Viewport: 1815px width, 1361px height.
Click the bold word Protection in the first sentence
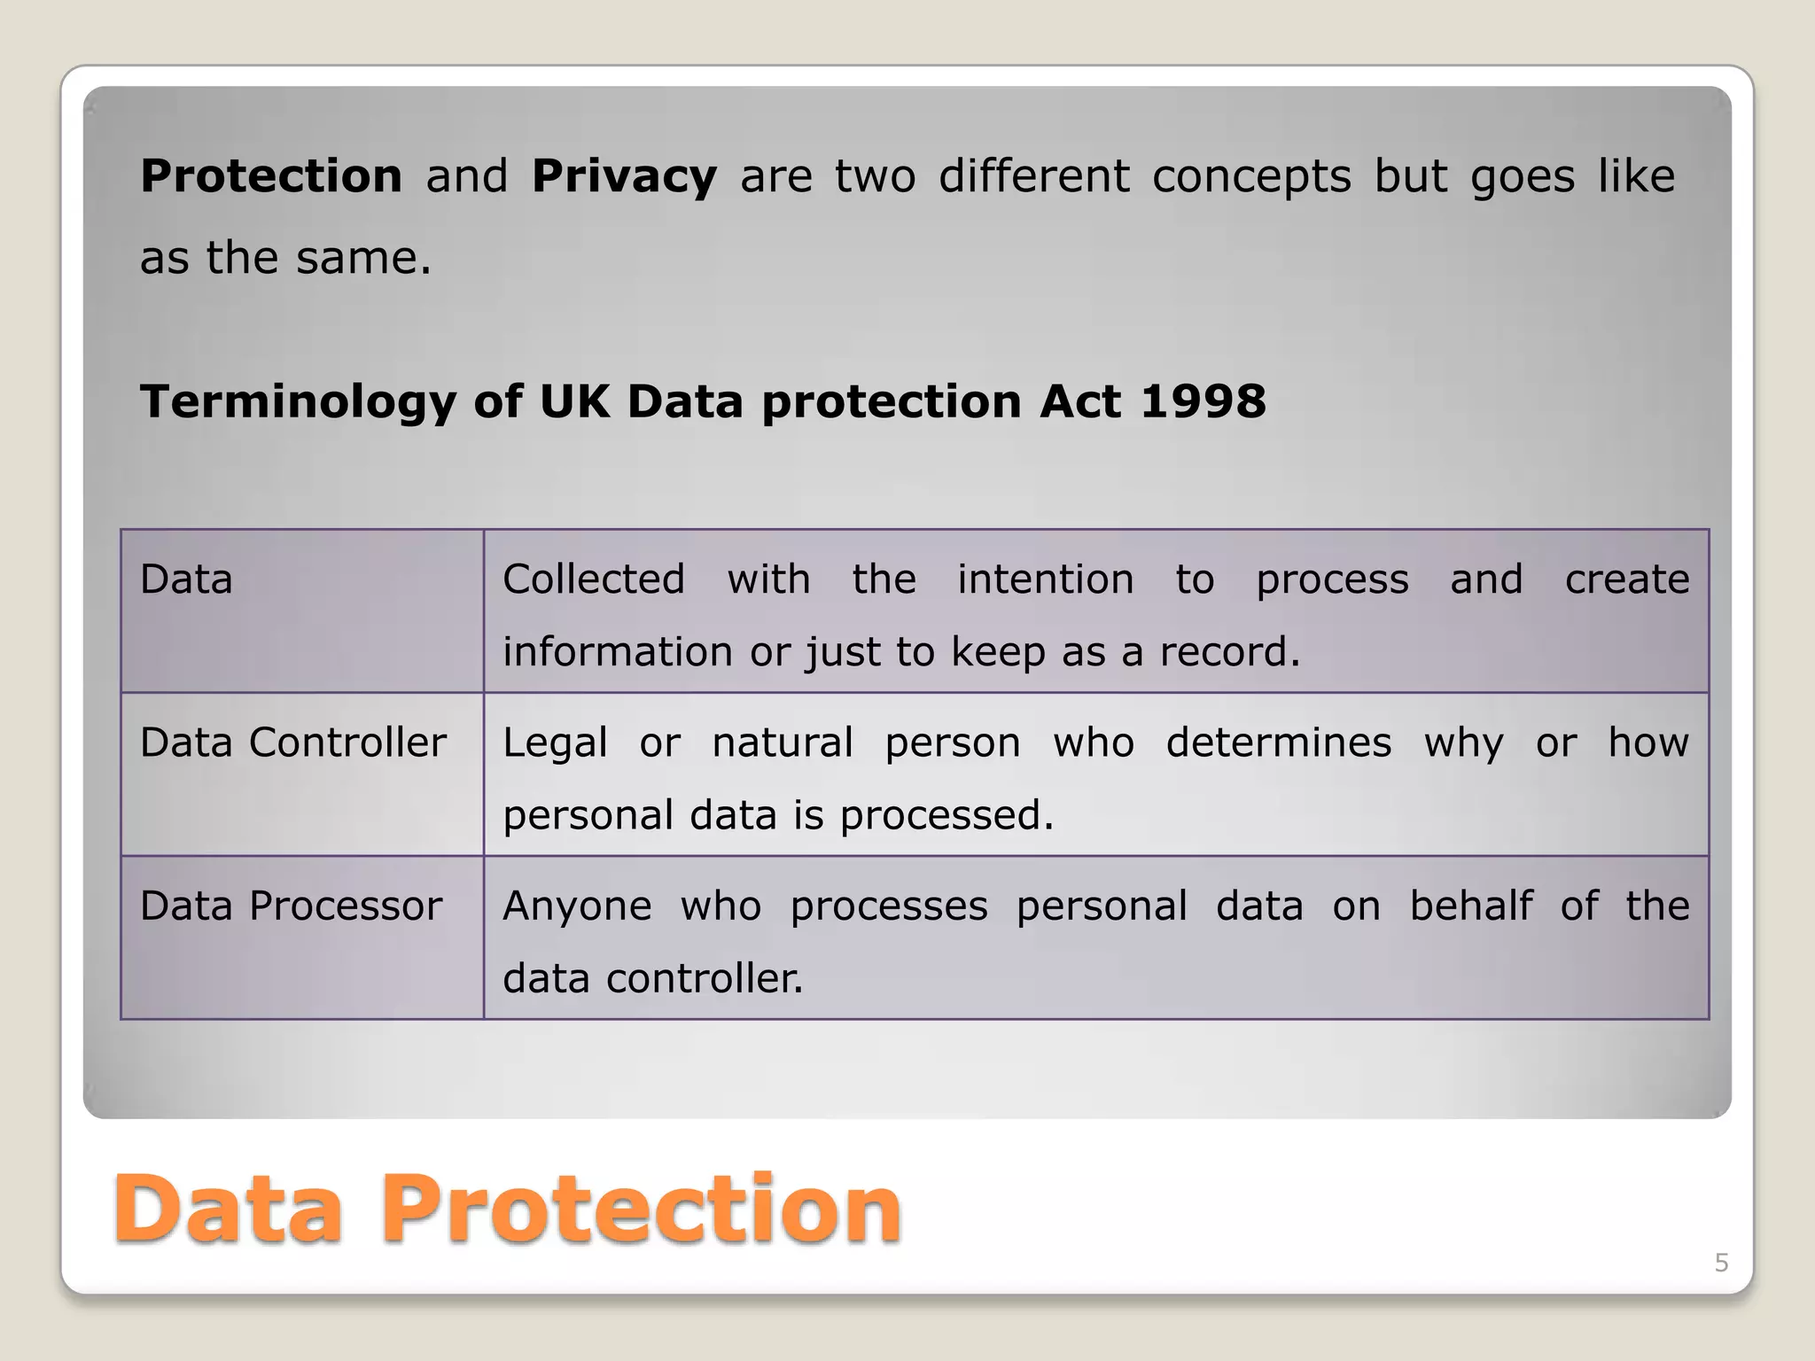click(271, 176)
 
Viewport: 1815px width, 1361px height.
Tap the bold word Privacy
click(624, 176)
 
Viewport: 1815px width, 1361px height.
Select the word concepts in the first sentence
click(1251, 176)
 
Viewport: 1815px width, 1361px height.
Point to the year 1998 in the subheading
click(1203, 401)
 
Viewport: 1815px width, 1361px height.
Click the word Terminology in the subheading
click(298, 401)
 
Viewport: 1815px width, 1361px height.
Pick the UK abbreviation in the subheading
click(574, 401)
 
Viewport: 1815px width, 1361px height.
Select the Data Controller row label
click(292, 743)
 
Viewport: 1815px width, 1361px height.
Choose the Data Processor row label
click(291, 906)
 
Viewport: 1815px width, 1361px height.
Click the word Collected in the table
click(594, 579)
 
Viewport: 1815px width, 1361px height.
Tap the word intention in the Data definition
click(1046, 579)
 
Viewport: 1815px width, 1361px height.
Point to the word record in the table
click(1228, 652)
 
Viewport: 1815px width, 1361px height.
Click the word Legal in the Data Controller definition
click(555, 743)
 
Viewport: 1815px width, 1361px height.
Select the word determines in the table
click(1278, 743)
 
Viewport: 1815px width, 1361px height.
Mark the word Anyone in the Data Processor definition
click(577, 906)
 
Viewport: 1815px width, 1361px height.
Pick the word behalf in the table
click(1471, 906)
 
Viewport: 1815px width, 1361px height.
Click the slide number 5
click(1721, 1263)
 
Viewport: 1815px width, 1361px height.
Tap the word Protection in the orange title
click(641, 1209)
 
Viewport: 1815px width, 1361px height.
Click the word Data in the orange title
click(228, 1209)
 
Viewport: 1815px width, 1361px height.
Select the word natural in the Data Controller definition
click(783, 743)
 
